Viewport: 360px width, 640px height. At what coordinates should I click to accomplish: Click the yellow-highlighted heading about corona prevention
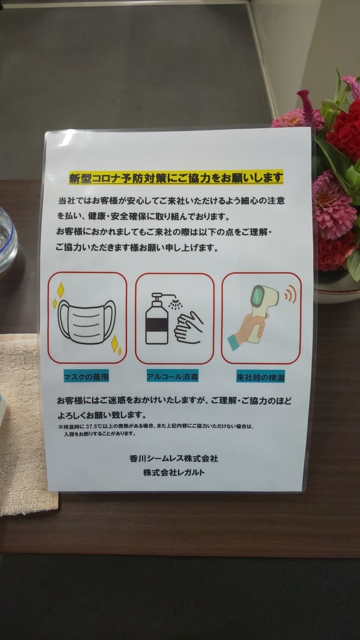tap(175, 178)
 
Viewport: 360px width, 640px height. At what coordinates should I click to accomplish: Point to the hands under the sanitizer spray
tap(189, 327)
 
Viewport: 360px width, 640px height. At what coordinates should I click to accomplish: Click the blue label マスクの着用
tap(86, 377)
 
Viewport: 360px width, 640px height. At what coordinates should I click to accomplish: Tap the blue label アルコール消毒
tap(173, 377)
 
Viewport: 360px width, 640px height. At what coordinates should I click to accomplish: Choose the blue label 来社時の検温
tap(260, 378)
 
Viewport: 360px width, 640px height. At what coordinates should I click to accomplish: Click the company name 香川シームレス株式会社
tap(174, 459)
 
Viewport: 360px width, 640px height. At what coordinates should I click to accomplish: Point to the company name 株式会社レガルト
tap(174, 473)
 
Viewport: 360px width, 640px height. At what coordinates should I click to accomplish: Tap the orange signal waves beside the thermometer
tap(290, 294)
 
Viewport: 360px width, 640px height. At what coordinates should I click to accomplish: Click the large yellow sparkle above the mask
tap(60, 290)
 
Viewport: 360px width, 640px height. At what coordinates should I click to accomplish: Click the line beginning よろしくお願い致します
tap(102, 414)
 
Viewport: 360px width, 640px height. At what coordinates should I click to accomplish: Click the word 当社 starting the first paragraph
tap(67, 201)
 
